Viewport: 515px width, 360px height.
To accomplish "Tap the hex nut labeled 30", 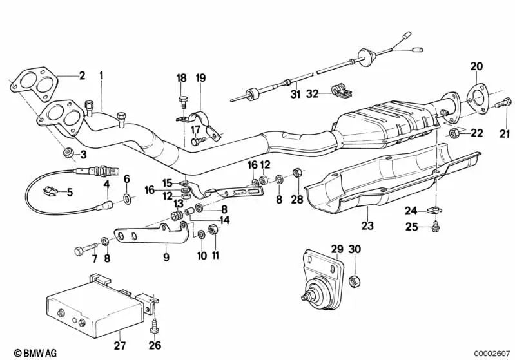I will pos(354,281).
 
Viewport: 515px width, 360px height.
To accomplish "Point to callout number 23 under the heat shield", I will pos(368,226).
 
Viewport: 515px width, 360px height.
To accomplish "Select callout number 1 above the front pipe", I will pos(101,75).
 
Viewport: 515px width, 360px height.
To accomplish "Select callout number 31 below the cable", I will pos(295,95).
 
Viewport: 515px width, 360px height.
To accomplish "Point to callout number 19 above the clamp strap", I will pos(200,78).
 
